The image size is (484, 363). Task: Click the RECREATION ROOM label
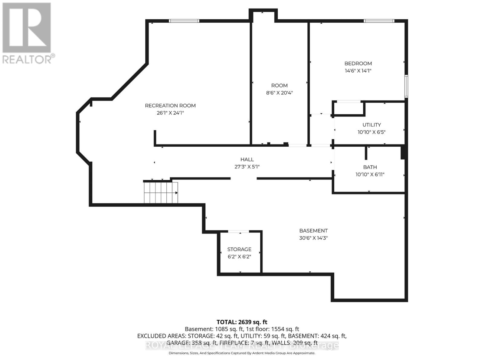pyautogui.click(x=170, y=106)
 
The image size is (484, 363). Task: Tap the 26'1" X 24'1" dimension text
pyautogui.click(x=170, y=113)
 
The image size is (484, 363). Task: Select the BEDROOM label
pyautogui.click(x=358, y=64)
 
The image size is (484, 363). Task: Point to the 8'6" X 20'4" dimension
pyautogui.click(x=279, y=93)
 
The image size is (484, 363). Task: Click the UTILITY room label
pyautogui.click(x=371, y=125)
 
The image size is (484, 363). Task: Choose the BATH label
pyautogui.click(x=370, y=167)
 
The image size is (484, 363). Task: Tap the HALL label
pyautogui.click(x=247, y=159)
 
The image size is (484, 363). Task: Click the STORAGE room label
pyautogui.click(x=239, y=250)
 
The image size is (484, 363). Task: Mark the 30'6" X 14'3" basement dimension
pyautogui.click(x=313, y=238)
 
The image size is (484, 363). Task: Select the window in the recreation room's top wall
pyautogui.click(x=184, y=21)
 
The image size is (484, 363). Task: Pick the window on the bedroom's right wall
pyautogui.click(x=406, y=86)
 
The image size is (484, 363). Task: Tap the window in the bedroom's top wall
pyautogui.click(x=379, y=21)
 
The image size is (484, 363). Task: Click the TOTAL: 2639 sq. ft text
pyautogui.click(x=242, y=322)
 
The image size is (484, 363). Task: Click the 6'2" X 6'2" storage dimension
pyautogui.click(x=239, y=257)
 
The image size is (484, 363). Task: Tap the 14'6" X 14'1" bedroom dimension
pyautogui.click(x=358, y=71)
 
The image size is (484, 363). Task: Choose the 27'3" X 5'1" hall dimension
pyautogui.click(x=247, y=167)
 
